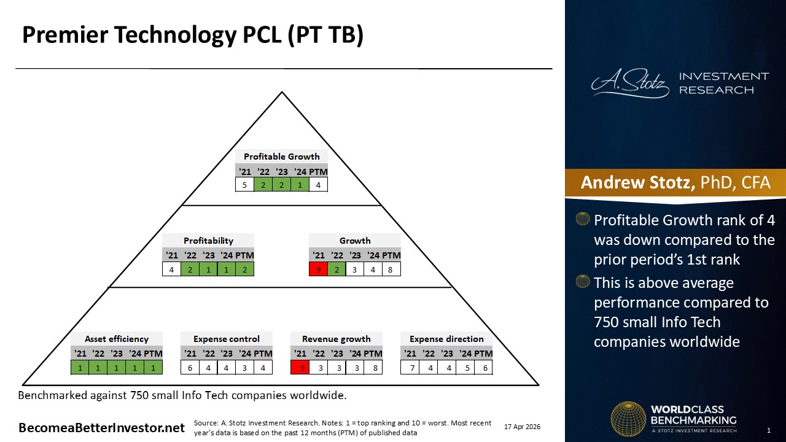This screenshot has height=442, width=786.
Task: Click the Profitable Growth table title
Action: tap(281, 157)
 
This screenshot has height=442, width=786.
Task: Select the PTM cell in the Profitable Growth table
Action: tap(318, 185)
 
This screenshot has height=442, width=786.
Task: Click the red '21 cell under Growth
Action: tap(318, 269)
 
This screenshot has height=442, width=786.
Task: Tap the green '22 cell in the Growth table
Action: tap(337, 269)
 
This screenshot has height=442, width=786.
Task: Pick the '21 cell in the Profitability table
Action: tap(171, 269)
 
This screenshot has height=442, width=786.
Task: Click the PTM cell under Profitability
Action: tap(245, 269)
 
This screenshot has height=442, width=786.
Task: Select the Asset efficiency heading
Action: tap(117, 339)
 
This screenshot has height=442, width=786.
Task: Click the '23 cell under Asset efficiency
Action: tap(117, 368)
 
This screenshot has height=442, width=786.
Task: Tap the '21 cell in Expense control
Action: tap(190, 368)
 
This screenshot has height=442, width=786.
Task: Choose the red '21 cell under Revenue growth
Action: tap(300, 368)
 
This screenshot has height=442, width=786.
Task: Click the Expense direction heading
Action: tap(446, 339)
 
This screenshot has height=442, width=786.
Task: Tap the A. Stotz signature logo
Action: tap(630, 83)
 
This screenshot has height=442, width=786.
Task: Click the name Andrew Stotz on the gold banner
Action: tap(637, 182)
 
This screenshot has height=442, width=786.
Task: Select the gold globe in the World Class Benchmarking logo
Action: tap(628, 419)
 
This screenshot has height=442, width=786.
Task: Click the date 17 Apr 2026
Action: tap(522, 427)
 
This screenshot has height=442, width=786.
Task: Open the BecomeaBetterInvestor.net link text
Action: tap(101, 428)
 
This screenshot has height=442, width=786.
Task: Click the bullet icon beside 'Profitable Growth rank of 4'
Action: tap(583, 219)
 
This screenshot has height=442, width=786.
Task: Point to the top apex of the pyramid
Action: tap(282, 92)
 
